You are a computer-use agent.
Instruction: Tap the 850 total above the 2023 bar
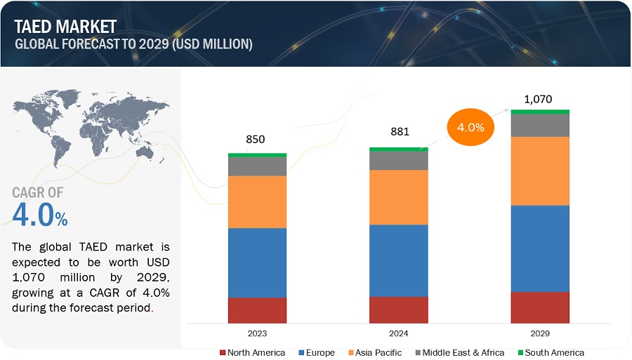256,140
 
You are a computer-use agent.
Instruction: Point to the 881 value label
399,131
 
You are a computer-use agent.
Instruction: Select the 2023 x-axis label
257,333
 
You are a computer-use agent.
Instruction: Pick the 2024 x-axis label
398,333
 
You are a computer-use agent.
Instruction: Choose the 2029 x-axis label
539,333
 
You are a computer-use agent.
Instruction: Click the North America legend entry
252,352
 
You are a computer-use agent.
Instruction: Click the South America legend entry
550,352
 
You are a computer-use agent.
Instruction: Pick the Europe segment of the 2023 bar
257,262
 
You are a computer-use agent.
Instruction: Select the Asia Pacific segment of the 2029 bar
539,171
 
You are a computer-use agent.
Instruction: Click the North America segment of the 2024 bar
398,309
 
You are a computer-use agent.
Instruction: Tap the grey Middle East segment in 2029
539,125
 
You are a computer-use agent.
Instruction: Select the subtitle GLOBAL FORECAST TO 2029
133,44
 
